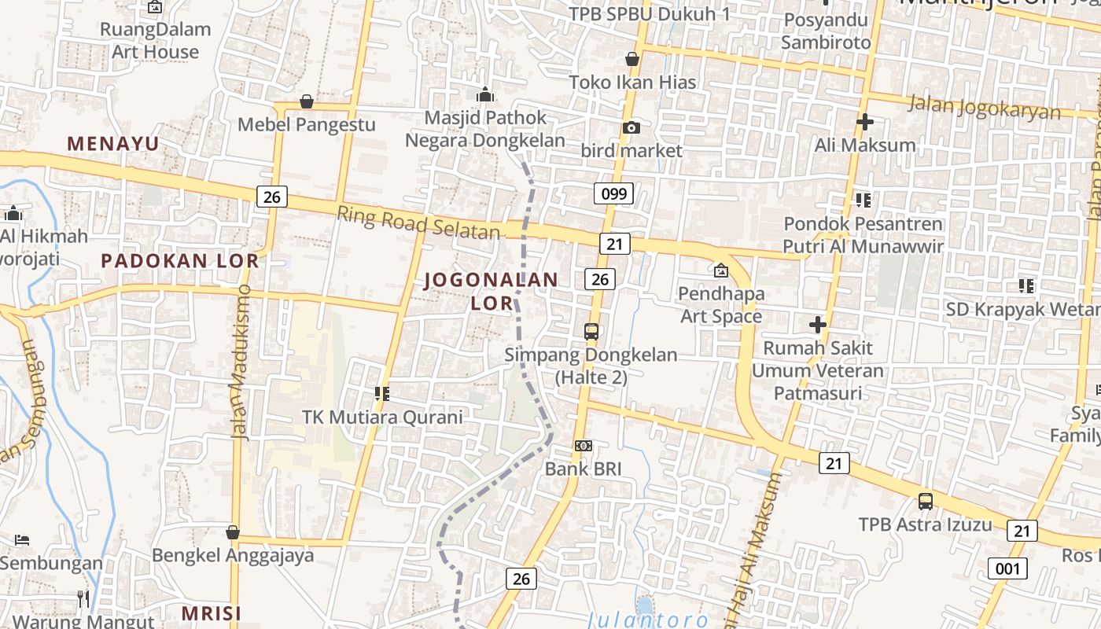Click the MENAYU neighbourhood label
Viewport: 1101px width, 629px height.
tap(113, 144)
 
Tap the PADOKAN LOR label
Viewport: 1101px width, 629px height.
tap(179, 261)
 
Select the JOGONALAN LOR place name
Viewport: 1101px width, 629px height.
tap(492, 290)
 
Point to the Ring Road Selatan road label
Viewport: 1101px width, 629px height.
tap(418, 223)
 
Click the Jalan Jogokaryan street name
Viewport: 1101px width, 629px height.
tap(984, 107)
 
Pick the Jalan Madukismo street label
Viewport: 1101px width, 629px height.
tap(241, 361)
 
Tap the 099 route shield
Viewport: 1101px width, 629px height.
tap(613, 193)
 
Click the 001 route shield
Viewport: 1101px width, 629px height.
tap(1007, 568)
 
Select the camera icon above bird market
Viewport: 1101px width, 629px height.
tap(631, 127)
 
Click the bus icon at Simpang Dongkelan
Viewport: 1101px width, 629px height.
tap(591, 332)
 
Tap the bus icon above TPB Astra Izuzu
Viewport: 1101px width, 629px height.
tap(926, 501)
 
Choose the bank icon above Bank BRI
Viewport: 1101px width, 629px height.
tap(583, 446)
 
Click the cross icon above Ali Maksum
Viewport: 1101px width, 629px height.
tap(865, 122)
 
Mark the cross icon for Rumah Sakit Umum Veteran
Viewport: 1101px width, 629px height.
tap(818, 324)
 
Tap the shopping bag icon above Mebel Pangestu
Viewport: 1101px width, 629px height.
tap(307, 102)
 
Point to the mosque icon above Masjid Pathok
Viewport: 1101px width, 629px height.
tap(485, 95)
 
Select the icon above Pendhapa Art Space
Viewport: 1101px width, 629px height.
tap(721, 271)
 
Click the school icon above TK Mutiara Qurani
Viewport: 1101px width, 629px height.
tap(383, 393)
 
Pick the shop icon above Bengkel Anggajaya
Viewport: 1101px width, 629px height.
tap(233, 533)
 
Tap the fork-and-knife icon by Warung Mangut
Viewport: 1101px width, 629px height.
tap(83, 599)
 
